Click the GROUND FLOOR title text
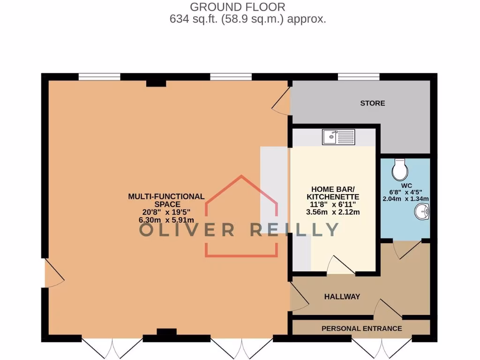pyautogui.click(x=237, y=7)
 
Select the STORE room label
pyautogui.click(x=373, y=103)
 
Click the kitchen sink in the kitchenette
pyautogui.click(x=339, y=137)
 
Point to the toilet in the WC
pyautogui.click(x=400, y=170)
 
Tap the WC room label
pyautogui.click(x=406, y=185)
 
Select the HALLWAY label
pyautogui.click(x=342, y=297)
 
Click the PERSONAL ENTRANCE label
pyautogui.click(x=361, y=329)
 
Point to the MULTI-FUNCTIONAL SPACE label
pyautogui.click(x=166, y=200)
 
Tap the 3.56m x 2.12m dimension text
pyautogui.click(x=333, y=212)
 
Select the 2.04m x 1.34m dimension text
pyautogui.click(x=406, y=198)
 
